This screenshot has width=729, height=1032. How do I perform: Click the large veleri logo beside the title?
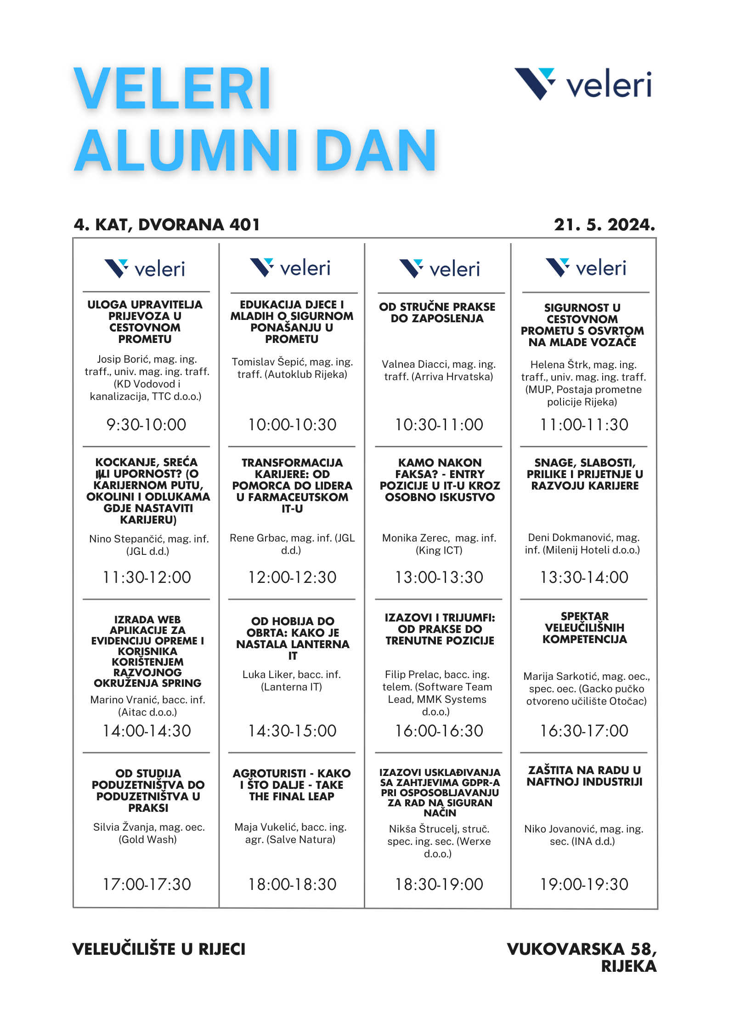[x=582, y=84]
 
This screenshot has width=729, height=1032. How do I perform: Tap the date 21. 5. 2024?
[x=604, y=225]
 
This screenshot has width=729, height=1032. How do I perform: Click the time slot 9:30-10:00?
[x=146, y=424]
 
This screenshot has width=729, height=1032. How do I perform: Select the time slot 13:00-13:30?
[x=439, y=577]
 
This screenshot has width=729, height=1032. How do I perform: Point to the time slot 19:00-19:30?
[x=584, y=884]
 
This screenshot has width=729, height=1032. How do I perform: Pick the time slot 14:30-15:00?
[x=292, y=730]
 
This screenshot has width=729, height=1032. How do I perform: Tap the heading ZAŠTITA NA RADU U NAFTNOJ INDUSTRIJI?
[x=584, y=776]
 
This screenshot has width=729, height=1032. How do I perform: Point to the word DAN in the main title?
[x=376, y=151]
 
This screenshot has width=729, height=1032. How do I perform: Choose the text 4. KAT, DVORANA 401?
[x=167, y=225]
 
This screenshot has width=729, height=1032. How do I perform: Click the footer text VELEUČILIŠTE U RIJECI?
[x=159, y=949]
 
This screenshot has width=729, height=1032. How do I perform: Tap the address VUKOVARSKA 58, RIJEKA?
[x=582, y=957]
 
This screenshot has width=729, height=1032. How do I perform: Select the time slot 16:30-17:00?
[x=584, y=730]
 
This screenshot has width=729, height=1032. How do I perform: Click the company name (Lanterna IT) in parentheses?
[x=291, y=687]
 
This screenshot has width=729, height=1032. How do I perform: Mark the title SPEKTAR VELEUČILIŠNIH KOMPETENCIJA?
[x=584, y=627]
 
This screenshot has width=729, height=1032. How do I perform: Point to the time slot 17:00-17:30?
[x=147, y=884]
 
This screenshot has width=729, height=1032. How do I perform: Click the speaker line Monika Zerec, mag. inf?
[x=439, y=538]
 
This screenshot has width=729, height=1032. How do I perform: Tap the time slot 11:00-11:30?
[x=584, y=424]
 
